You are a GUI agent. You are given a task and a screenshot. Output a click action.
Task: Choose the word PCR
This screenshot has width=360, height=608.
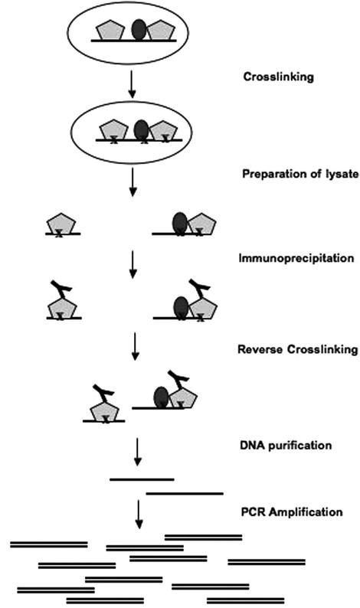coord(252,512)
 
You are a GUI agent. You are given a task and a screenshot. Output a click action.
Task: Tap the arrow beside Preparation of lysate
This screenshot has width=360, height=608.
coord(133,180)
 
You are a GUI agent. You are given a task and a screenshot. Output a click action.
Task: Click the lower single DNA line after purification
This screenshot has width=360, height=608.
coord(184,493)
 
